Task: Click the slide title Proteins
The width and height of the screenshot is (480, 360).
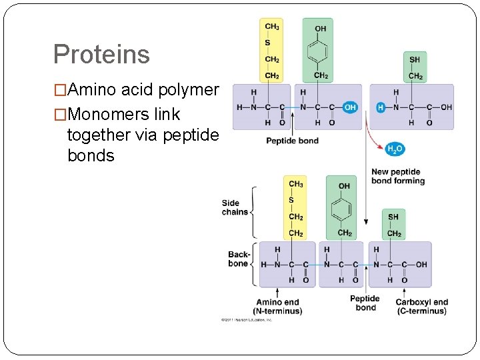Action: (x=101, y=54)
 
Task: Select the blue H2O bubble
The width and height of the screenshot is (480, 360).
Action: (x=395, y=149)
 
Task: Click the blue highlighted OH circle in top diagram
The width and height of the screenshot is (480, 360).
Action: (x=351, y=107)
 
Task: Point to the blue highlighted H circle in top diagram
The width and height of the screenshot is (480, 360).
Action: (x=381, y=107)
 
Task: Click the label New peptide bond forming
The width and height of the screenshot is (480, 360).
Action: (x=397, y=176)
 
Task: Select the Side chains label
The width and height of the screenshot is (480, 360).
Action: (x=235, y=207)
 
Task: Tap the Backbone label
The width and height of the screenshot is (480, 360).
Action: (x=239, y=259)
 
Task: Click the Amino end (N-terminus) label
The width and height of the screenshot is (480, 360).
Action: (x=277, y=306)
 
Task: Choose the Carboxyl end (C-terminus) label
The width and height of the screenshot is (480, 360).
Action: (x=421, y=306)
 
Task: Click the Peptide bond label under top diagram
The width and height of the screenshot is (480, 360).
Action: (x=292, y=141)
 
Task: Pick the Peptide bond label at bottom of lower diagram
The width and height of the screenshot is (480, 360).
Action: (x=365, y=303)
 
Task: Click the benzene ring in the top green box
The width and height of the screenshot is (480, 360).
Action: (x=321, y=52)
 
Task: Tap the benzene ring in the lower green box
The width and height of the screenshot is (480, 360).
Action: (x=344, y=209)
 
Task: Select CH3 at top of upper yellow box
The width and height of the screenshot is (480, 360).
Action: (x=272, y=27)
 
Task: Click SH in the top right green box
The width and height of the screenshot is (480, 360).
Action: (x=415, y=60)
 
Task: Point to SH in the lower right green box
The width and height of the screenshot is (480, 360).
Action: (x=393, y=217)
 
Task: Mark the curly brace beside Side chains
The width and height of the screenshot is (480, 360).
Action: (x=253, y=211)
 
